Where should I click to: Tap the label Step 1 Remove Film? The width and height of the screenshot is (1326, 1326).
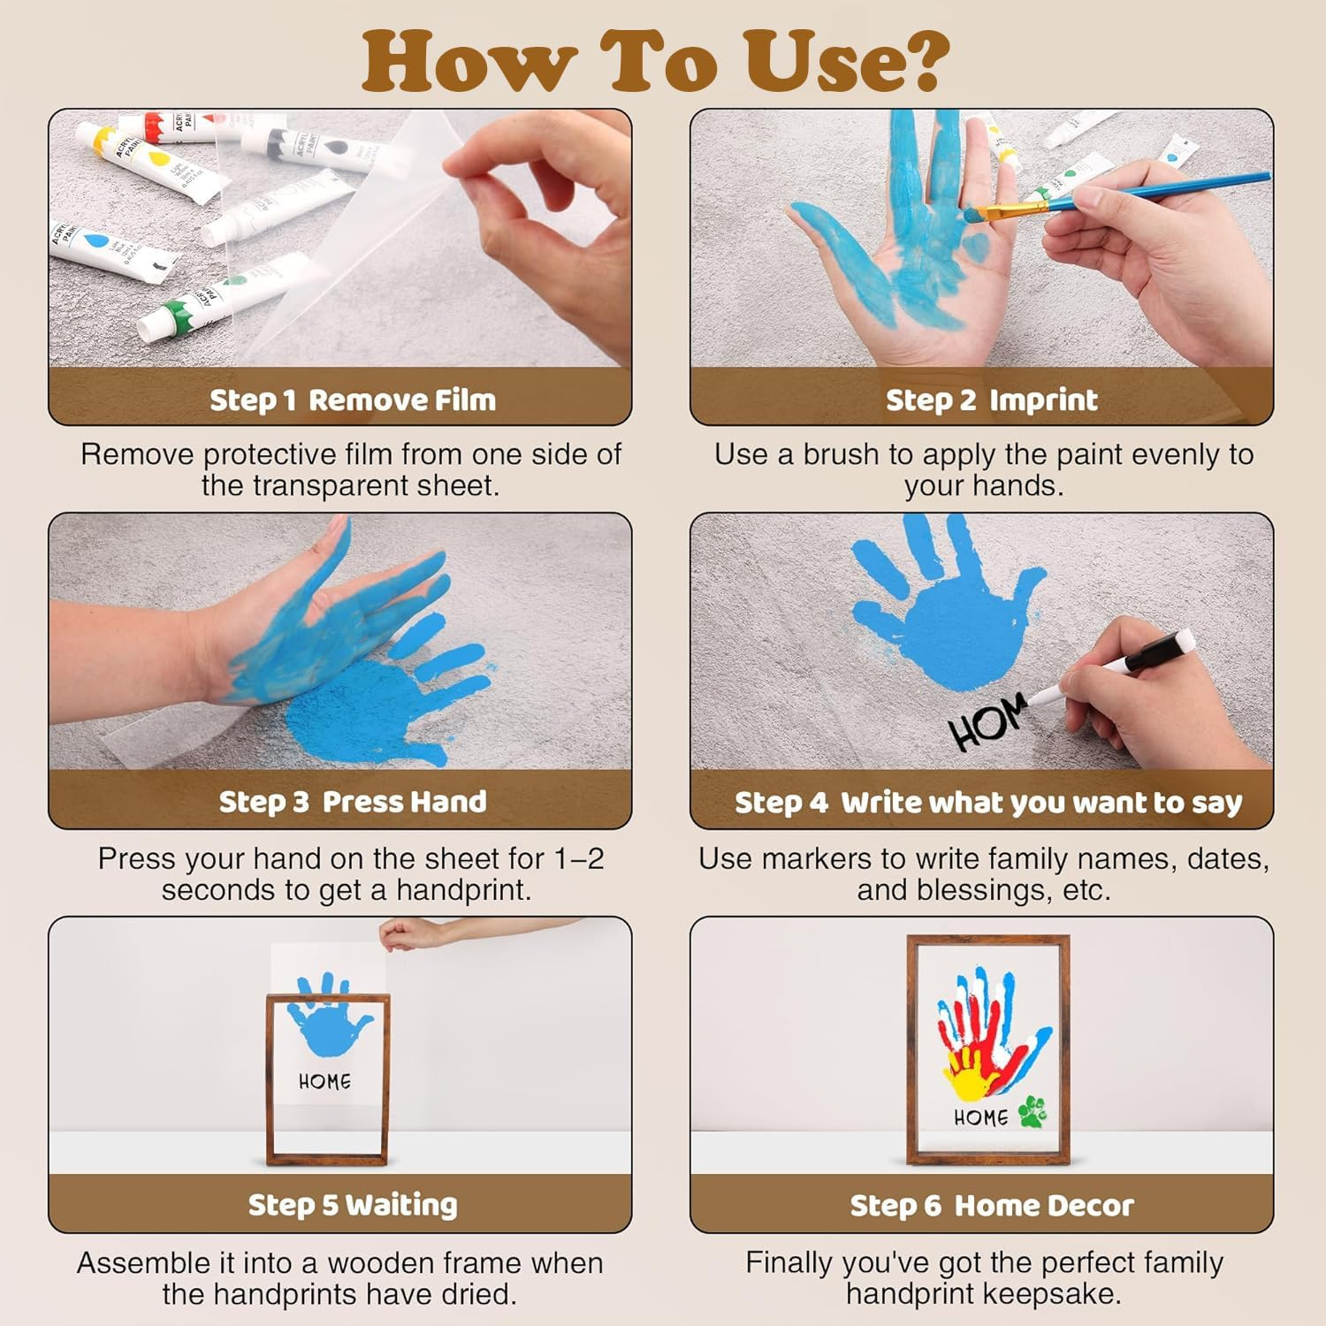[x=353, y=400]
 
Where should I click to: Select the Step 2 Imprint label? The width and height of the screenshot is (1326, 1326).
[x=991, y=400]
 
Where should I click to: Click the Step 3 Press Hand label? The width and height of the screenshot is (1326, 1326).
[x=353, y=802]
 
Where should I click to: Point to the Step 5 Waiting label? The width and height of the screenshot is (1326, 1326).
[x=353, y=1205]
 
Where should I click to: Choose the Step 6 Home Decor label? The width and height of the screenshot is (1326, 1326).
[x=991, y=1205]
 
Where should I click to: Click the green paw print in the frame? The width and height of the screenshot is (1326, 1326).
[x=1032, y=1111]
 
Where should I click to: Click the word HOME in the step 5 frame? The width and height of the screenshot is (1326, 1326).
[x=324, y=1081]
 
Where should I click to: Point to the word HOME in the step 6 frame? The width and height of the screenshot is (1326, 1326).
[x=980, y=1117]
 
